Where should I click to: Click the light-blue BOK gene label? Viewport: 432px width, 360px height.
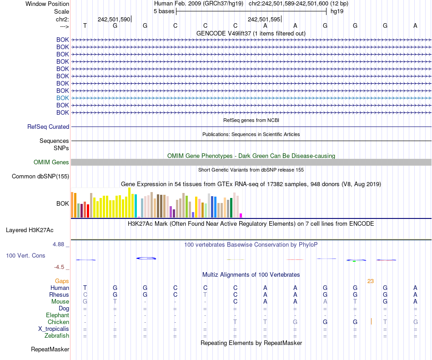click(x=63, y=98)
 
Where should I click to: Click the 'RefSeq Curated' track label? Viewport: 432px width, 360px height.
click(x=48, y=127)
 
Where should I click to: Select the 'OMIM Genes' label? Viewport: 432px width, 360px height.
click(x=51, y=162)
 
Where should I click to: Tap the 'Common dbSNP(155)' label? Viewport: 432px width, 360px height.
click(x=40, y=177)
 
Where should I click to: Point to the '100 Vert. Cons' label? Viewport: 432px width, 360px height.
click(x=25, y=256)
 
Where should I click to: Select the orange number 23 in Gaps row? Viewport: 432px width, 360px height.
click(x=371, y=281)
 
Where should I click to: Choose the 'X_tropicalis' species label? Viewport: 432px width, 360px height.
click(x=54, y=329)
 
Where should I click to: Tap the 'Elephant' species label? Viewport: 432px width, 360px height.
click(x=58, y=315)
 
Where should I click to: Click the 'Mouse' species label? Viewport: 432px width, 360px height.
click(x=60, y=301)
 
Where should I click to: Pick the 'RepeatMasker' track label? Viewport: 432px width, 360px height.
click(x=50, y=350)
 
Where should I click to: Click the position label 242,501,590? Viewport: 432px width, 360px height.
click(x=114, y=20)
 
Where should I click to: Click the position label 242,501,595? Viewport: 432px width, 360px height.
click(x=264, y=20)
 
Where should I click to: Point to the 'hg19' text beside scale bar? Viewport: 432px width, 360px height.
click(x=337, y=11)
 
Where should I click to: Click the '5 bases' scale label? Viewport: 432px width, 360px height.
click(x=164, y=11)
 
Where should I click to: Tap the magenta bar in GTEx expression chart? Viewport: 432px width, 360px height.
click(x=241, y=215)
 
